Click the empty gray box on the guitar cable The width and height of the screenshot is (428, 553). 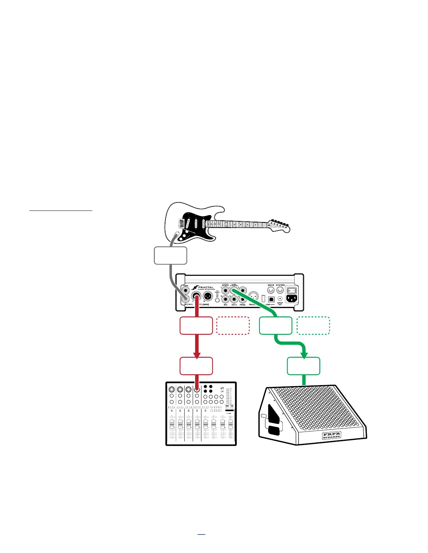click(x=170, y=256)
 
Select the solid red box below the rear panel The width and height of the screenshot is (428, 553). click(x=196, y=326)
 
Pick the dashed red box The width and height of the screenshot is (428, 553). click(x=233, y=326)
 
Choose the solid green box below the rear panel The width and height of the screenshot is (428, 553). click(x=276, y=326)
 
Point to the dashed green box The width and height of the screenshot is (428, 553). click(x=313, y=326)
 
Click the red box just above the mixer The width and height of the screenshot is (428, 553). click(x=196, y=366)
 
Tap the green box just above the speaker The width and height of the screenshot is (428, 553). click(x=304, y=366)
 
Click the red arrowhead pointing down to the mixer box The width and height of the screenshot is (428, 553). click(x=197, y=355)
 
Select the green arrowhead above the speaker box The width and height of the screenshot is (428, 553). click(x=304, y=355)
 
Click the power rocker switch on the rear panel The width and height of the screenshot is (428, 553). click(x=292, y=290)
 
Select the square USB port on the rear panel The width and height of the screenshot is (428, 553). click(x=271, y=300)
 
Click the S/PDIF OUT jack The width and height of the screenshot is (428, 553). click(x=280, y=299)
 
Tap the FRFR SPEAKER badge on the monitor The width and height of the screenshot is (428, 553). click(x=331, y=435)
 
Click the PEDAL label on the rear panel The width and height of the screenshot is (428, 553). click(x=243, y=305)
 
